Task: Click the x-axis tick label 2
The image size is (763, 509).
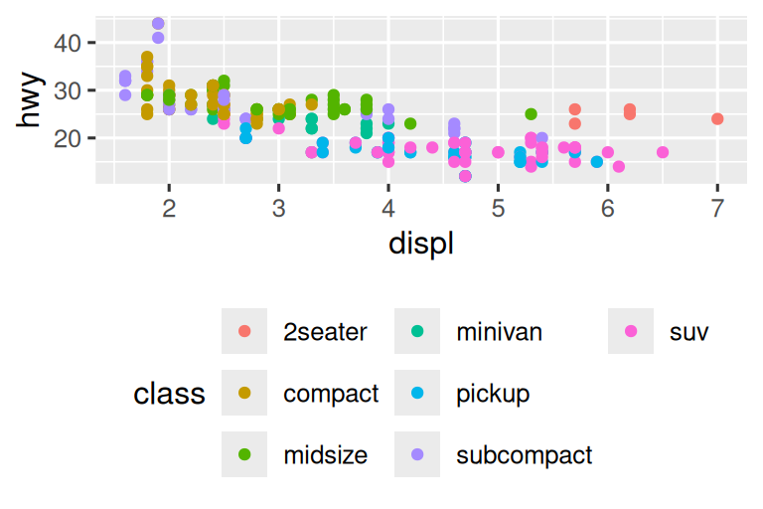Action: (169, 210)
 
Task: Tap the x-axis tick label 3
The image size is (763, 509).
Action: (279, 210)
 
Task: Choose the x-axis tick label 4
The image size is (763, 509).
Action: (388, 210)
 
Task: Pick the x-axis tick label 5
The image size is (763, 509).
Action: (499, 210)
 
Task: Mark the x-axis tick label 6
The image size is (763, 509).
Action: (608, 210)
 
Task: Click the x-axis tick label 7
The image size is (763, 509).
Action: (717, 210)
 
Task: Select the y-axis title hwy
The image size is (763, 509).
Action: (32, 101)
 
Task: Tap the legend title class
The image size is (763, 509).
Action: (169, 395)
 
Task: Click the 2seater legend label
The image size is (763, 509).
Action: (325, 332)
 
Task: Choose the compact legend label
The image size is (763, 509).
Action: (331, 394)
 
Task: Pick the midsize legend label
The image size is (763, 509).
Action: (325, 455)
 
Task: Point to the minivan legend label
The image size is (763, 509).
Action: (499, 332)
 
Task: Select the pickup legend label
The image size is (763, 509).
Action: (493, 394)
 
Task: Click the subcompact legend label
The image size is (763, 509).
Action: (524, 455)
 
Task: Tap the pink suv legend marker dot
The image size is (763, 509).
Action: (631, 332)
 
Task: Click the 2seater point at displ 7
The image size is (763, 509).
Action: (717, 119)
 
